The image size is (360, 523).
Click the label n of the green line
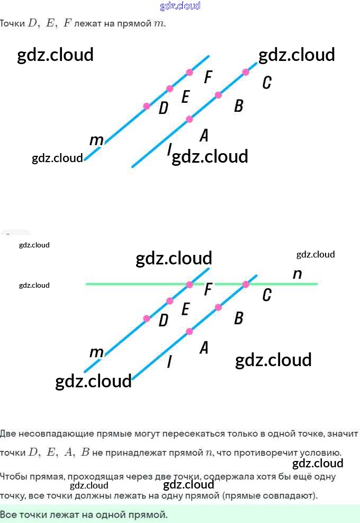(x=297, y=274)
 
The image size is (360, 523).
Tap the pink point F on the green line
(x=190, y=285)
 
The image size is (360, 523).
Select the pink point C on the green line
(x=246, y=285)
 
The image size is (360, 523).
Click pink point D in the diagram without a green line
(x=147, y=106)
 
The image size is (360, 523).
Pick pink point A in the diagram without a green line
(x=189, y=119)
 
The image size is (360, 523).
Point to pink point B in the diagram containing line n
(x=218, y=307)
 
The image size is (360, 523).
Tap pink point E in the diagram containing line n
(x=169, y=301)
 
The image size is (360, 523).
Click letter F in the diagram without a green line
(x=208, y=77)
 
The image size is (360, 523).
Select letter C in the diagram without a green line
(x=267, y=83)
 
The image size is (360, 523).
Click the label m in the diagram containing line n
(x=96, y=352)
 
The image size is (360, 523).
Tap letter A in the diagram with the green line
(x=204, y=348)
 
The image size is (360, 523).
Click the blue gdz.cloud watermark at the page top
(x=180, y=6)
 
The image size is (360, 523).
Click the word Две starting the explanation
(x=7, y=433)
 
